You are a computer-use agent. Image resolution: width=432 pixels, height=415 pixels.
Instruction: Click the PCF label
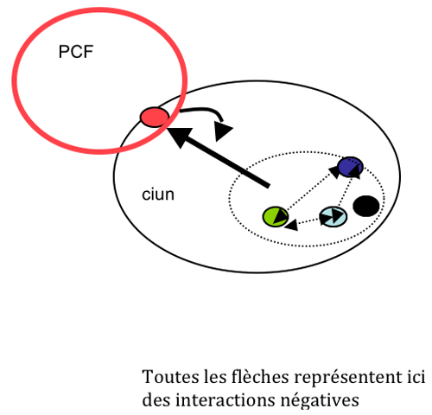[76, 52]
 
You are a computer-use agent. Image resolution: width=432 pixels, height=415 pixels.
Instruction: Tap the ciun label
[158, 195]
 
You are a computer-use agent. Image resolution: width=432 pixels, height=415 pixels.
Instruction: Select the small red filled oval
[155, 117]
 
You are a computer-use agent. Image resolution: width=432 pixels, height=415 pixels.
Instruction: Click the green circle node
[276, 216]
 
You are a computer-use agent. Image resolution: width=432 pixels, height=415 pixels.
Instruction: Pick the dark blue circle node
[350, 167]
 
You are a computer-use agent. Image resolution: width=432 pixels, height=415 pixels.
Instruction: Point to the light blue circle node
[333, 216]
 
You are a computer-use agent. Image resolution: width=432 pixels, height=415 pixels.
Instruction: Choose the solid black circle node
[365, 206]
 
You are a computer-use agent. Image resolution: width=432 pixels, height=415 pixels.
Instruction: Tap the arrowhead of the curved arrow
[222, 131]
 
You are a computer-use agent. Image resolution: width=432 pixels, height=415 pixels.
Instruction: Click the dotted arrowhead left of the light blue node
[291, 225]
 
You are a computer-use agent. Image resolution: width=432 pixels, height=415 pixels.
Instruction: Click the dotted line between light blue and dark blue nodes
[345, 191]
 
